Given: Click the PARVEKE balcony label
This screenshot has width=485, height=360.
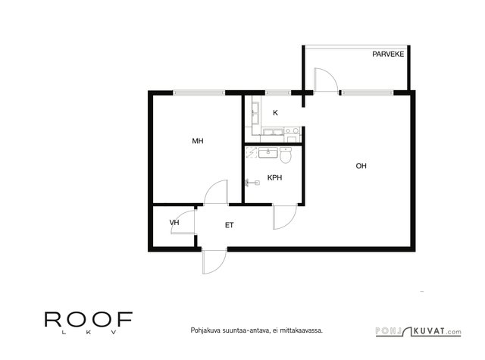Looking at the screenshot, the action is point(388,54).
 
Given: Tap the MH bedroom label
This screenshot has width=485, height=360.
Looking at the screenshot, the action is point(198,141).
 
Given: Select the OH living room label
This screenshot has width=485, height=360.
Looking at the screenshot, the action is point(361,166).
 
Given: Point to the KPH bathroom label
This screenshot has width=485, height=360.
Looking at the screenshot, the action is point(274,177).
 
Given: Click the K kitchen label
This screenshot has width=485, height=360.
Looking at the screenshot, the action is point(275,113).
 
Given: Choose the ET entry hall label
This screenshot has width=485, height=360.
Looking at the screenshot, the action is point(229,225).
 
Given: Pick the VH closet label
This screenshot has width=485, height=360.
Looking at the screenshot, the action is point(174,222).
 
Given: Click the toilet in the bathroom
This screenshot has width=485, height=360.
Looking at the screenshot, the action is point(286,155).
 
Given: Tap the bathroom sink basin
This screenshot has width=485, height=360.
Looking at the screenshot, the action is point(268,153).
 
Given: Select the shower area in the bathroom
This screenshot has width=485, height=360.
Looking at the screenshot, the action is point(251,152).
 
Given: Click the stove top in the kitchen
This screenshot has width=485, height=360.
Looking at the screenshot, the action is point(292,131).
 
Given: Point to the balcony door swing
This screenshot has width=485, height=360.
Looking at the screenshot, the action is point(325,80).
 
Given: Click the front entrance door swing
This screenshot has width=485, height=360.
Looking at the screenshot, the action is point(214,262).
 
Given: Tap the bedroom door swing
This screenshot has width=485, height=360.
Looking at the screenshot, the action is point(216,192).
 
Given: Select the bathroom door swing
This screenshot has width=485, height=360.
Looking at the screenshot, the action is point(285,217).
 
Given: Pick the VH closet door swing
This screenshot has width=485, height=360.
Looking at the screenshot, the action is point(183,222).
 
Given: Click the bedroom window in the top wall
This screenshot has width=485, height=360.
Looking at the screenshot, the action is point(199,92).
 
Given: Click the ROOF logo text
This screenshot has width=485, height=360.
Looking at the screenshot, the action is point(89,320).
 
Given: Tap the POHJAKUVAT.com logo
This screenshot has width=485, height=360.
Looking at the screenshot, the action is point(418,331).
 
